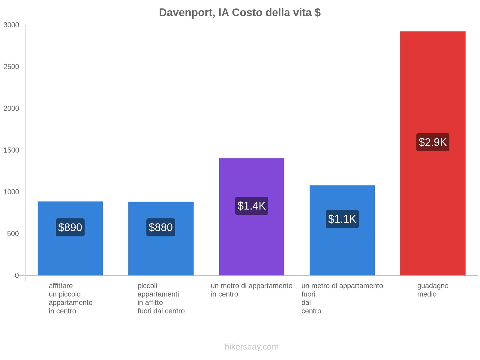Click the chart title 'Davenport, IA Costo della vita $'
coord(240,13)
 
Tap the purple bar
coord(251,240)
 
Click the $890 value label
coord(70,227)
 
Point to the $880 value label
coord(161,227)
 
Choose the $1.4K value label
coord(251,206)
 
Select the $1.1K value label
coord(342,219)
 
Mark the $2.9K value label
coord(433,142)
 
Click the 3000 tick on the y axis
coord(11,25)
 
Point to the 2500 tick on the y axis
coord(11,67)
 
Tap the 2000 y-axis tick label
coord(11,109)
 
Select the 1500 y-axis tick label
coord(11,150)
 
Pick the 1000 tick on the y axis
coord(11,192)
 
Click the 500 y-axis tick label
coord(13,234)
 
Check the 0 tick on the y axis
coord(17,275)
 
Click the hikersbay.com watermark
coord(251,347)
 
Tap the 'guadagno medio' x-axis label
coord(433,290)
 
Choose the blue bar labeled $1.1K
coord(342,252)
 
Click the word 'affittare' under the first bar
coord(61,286)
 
